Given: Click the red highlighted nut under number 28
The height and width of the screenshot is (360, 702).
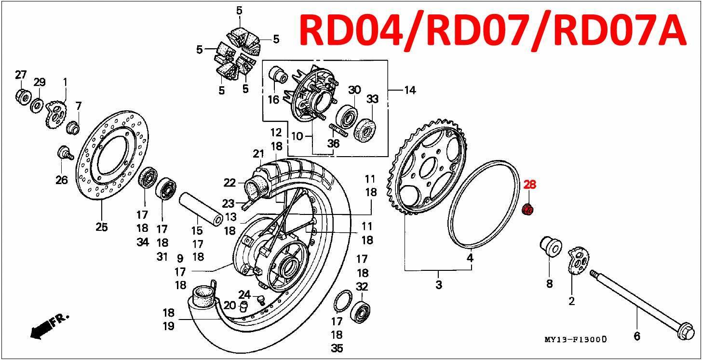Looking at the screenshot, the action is (x=527, y=209).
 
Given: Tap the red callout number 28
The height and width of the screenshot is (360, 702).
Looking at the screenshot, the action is (x=529, y=185).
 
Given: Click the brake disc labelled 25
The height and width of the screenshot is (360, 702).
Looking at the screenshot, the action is (x=112, y=155).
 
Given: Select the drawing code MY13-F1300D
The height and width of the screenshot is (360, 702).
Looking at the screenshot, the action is (x=575, y=339).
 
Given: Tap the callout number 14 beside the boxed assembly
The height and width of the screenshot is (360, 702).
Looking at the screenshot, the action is (x=410, y=90).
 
